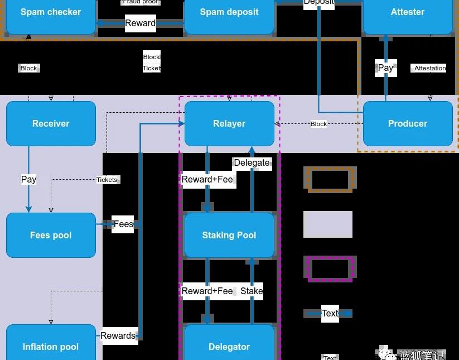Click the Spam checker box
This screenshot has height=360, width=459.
click(x=51, y=14)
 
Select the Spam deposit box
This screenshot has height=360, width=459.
click(x=229, y=14)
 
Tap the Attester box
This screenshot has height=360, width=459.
click(x=408, y=14)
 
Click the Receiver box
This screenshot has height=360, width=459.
click(x=51, y=123)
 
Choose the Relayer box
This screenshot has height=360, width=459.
click(x=229, y=123)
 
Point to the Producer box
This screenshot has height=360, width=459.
click(x=408, y=123)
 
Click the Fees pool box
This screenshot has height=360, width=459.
click(x=51, y=235)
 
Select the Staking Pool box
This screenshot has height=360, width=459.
click(x=229, y=235)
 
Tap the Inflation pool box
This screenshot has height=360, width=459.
click(x=51, y=345)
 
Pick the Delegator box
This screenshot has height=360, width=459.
click(x=229, y=345)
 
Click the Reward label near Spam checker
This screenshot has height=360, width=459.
click(x=140, y=23)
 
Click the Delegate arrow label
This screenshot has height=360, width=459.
click(x=252, y=163)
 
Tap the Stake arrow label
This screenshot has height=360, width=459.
click(x=252, y=291)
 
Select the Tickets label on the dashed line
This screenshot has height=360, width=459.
click(x=107, y=180)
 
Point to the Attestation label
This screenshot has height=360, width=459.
click(x=430, y=68)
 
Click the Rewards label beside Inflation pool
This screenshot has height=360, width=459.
click(x=118, y=335)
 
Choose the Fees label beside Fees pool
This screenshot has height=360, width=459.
click(x=123, y=224)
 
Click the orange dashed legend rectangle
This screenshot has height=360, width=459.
click(x=330, y=180)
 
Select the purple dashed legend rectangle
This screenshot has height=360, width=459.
click(x=330, y=269)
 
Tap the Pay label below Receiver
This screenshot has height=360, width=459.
click(x=28, y=179)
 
